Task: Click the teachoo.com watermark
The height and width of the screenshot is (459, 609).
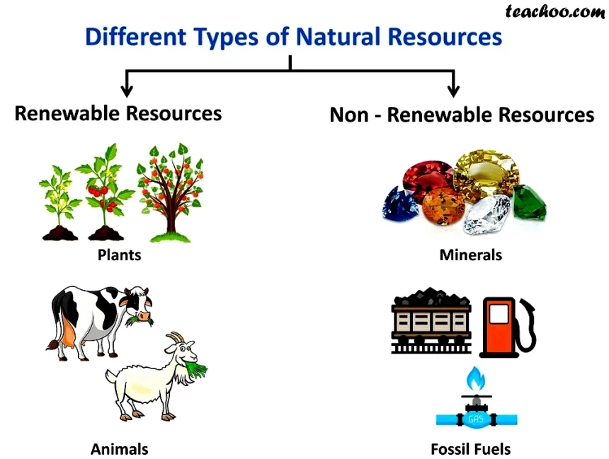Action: point(555,11)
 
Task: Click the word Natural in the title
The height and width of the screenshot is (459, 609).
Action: point(338,37)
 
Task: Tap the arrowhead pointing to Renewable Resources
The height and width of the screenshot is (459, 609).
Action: point(127,90)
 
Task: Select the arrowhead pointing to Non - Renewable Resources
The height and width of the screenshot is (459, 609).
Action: point(453,90)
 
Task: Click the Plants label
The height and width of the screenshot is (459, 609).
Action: point(119,255)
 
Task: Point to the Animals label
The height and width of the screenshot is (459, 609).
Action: point(119,449)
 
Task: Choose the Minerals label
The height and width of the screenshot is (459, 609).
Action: point(470,255)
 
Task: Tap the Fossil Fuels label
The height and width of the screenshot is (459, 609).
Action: point(470,449)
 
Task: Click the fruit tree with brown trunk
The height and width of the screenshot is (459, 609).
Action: point(170,192)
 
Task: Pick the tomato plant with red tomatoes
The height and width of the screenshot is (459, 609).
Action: point(105,192)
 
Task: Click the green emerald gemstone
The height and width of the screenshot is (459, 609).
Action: point(530,202)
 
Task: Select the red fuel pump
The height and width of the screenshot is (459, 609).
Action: point(506,327)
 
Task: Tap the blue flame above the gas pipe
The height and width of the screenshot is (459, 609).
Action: point(476,378)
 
